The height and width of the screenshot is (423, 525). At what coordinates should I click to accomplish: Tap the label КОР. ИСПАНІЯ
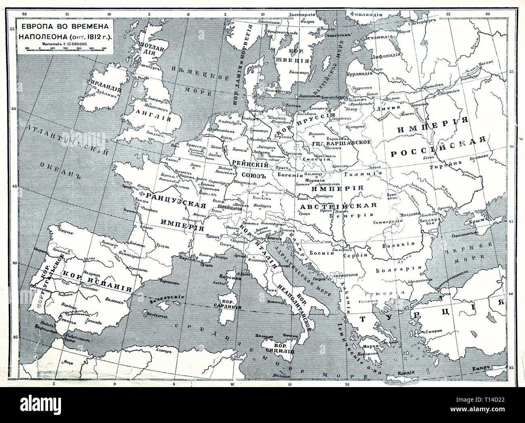pos(97,280)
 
